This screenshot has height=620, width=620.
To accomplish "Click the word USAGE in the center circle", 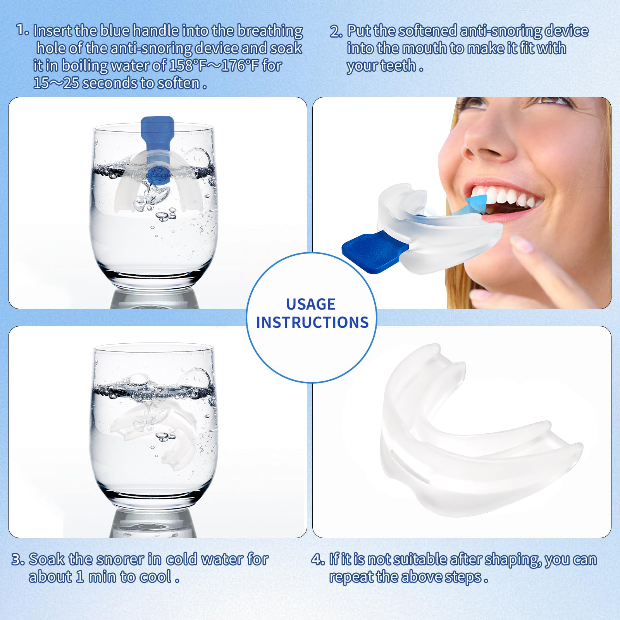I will pos(311,304).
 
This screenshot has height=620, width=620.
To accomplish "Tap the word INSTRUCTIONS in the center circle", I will pos(312,322).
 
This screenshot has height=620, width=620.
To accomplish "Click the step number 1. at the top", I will pos(22,30).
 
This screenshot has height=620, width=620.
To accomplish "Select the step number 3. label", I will pos(18,560).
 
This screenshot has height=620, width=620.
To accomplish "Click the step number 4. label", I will pos(318,560).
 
